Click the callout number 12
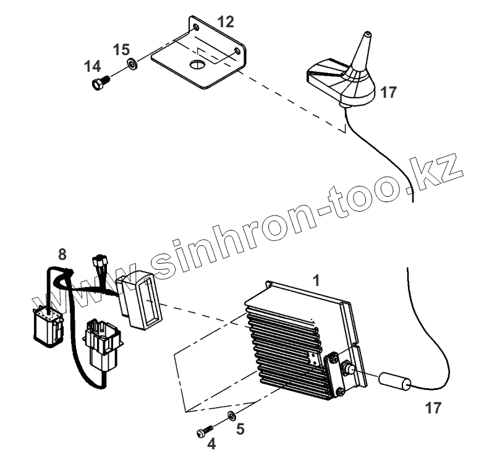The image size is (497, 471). (226, 22)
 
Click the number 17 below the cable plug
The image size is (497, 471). (435, 408)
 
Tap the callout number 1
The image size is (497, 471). (316, 280)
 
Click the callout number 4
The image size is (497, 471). (211, 444)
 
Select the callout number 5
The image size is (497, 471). (240, 428)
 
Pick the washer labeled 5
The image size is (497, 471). (230, 414)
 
